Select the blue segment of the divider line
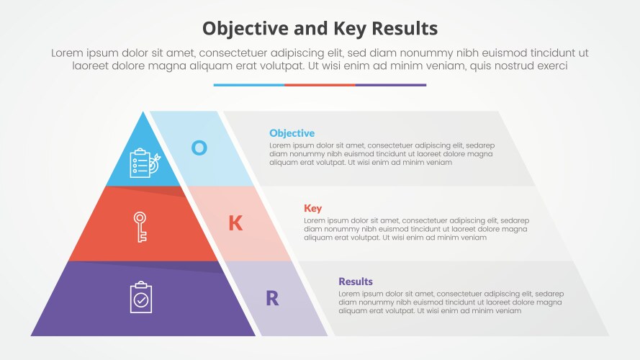(x=248, y=85)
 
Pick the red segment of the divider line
(x=320, y=85)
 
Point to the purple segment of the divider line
(x=391, y=85)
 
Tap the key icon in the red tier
(x=140, y=225)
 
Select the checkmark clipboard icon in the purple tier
(x=141, y=297)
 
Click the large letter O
(x=199, y=148)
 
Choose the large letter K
(x=235, y=223)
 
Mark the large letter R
(x=272, y=298)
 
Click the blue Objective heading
(x=292, y=133)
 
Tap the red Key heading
(x=312, y=208)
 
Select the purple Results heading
(x=356, y=282)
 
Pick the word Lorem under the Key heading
(x=315, y=220)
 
